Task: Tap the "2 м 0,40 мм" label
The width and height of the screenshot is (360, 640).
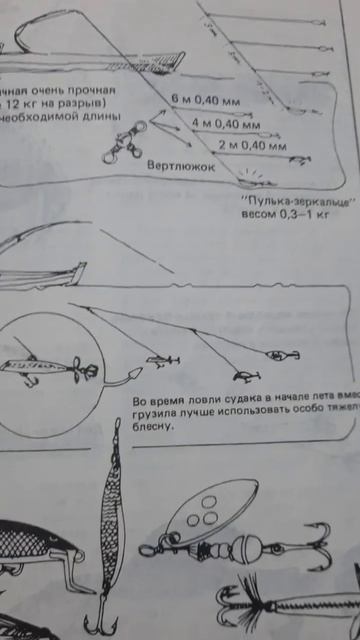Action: click(245, 146)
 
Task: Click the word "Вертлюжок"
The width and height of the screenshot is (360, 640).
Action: click(180, 166)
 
